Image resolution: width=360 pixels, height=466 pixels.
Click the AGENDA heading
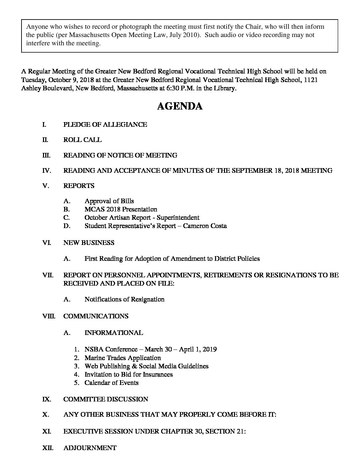point(180,106)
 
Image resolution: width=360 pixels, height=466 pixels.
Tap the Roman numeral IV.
point(46,171)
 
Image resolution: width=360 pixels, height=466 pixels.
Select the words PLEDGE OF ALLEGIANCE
point(105,125)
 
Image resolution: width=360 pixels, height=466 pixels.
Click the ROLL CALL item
point(82,140)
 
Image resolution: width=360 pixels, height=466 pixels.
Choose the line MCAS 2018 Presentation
point(121,210)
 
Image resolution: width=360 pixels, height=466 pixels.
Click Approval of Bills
point(109,201)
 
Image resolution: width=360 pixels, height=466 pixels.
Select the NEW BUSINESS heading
point(89,243)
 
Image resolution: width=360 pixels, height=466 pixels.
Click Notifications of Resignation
point(124,300)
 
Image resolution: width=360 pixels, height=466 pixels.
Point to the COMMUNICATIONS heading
point(96,316)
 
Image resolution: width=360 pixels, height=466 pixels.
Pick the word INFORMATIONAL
point(114,333)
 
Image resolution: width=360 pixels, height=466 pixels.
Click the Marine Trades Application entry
point(123,358)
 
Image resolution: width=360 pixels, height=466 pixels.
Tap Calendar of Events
point(112,383)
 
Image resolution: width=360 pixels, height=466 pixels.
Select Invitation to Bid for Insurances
point(129,375)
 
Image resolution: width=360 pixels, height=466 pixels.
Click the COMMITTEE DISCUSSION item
point(106,399)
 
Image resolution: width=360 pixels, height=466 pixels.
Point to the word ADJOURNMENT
point(90,448)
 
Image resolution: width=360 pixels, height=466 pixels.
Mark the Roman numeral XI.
point(46,432)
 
